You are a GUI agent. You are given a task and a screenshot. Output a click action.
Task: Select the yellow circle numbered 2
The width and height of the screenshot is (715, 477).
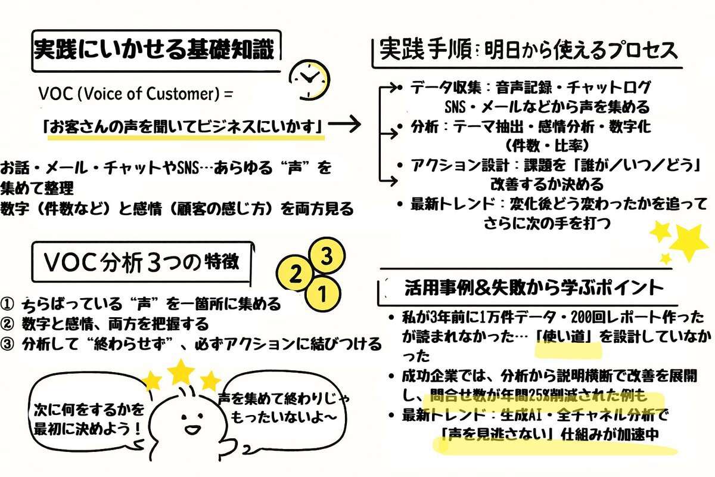tap(294, 274)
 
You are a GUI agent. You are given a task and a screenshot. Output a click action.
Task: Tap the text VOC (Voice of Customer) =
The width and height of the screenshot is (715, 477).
tap(135, 94)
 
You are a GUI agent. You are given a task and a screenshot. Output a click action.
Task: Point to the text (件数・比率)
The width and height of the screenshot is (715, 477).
tap(539, 145)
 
